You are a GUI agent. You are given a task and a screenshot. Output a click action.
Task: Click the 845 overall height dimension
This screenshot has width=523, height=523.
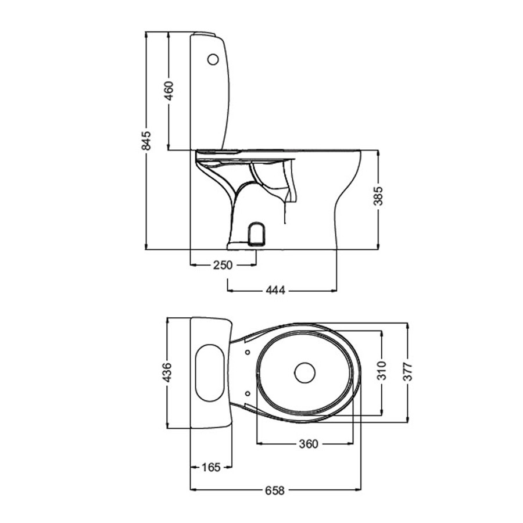[146, 141]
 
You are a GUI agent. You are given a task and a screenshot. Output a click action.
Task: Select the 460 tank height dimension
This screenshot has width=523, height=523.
[169, 91]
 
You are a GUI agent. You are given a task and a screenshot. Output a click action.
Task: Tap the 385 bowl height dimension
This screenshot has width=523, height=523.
[378, 196]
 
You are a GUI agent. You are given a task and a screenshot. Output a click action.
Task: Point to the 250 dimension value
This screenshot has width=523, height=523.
[223, 265]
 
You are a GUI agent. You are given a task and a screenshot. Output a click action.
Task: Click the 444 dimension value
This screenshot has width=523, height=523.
[275, 291]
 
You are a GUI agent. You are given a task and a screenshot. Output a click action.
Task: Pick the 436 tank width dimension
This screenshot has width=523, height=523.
[166, 372]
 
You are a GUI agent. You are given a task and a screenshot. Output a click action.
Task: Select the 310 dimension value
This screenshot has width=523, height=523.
[382, 371]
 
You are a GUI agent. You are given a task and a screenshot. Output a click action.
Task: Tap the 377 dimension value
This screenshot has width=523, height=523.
[407, 371]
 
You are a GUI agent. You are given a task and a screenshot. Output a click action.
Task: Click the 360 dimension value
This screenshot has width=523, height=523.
[308, 444]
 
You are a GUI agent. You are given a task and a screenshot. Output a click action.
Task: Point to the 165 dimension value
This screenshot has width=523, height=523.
[211, 467]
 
